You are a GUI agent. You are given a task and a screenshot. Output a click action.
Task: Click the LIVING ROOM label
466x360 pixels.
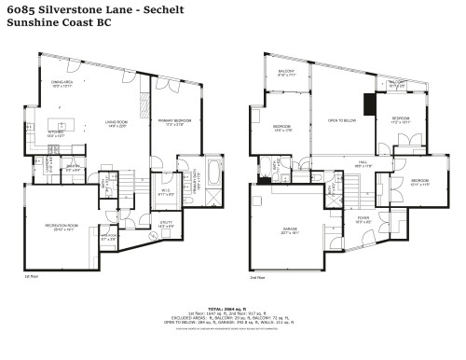[116, 122]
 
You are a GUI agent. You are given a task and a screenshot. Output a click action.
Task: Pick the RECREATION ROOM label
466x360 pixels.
[62, 228]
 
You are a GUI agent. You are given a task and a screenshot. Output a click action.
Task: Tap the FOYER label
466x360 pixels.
[363, 220]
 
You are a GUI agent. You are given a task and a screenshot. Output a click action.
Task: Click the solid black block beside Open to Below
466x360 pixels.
[369, 103]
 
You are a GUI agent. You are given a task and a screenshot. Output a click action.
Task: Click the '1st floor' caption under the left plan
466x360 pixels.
[34, 278]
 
